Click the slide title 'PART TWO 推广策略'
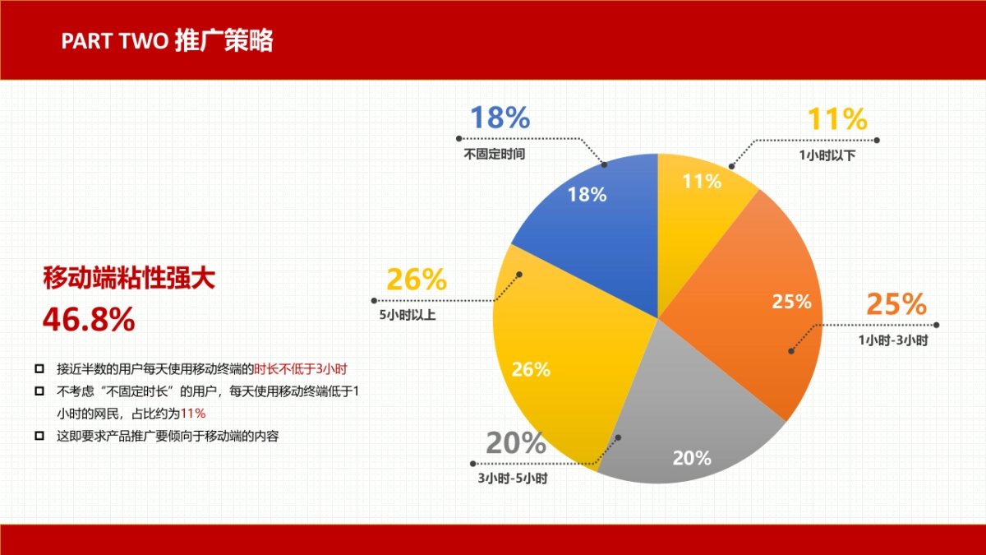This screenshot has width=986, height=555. pos(167,41)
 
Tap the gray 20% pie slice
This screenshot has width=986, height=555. pos(682,428)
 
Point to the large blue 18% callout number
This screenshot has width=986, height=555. pos(500,118)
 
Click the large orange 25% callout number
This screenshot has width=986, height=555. pos(896,304)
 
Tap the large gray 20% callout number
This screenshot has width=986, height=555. pos(515,443)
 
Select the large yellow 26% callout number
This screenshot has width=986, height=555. pos(417,280)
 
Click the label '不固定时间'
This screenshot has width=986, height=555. pos(494,154)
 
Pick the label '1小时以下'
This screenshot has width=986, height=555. pos(827,155)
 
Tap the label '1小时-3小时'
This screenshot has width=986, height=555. pos(893,340)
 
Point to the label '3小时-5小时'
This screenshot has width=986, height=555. pos(513,478)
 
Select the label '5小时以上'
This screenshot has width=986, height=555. pos(407,314)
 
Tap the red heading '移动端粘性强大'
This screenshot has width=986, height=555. pos(129,278)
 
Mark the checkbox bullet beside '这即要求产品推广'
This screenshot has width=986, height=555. pos(39,436)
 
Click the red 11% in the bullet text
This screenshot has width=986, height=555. pos(193,414)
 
